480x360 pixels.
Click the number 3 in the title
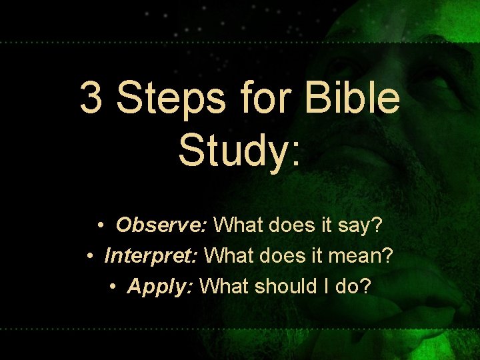tap(92, 99)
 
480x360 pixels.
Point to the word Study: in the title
tap(239, 149)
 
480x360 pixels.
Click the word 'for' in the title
tap(265, 99)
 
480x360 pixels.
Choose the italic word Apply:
tap(160, 287)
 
